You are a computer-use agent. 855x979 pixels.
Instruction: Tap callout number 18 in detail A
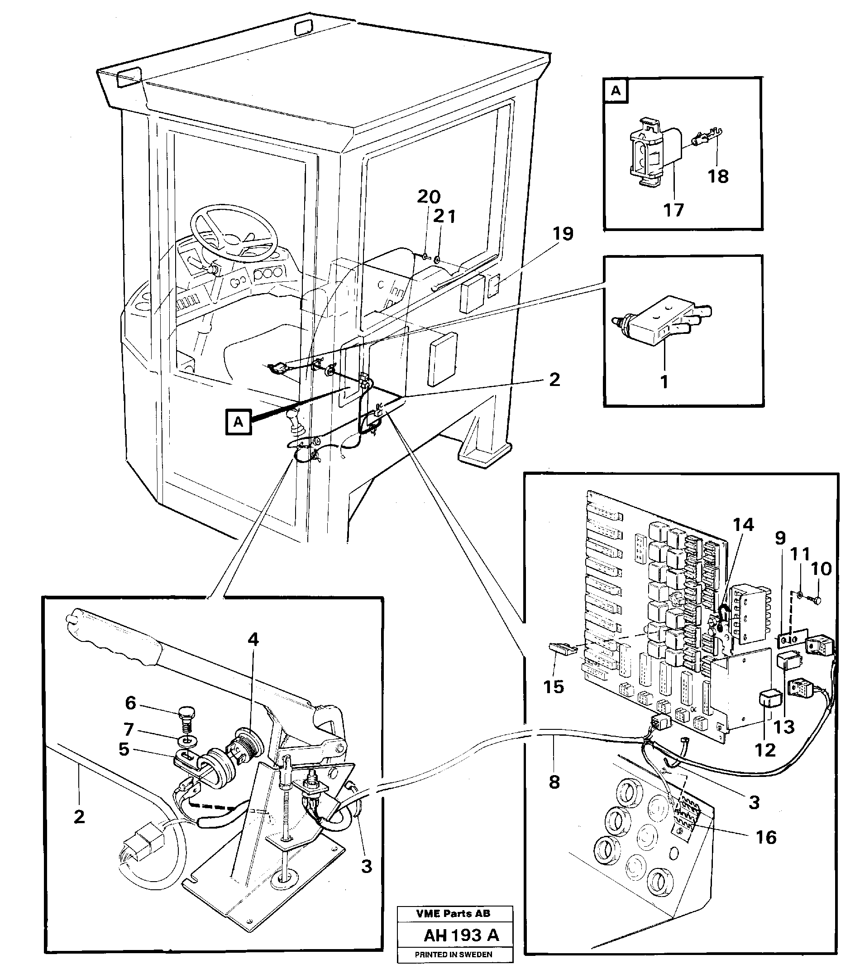click(718, 177)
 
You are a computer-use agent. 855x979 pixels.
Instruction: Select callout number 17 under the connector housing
click(673, 210)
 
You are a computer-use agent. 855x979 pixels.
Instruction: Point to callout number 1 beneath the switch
click(664, 382)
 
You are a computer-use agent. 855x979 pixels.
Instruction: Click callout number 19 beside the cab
click(563, 234)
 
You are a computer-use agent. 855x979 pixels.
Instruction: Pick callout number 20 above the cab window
click(429, 196)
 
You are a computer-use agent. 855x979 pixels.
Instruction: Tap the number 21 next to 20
click(444, 217)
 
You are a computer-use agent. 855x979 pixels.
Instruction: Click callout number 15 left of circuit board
click(554, 687)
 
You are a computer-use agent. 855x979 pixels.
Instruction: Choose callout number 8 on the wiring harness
click(554, 782)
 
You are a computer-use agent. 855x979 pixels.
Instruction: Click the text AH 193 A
click(461, 935)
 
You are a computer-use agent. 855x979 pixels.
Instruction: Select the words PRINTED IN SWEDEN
click(453, 955)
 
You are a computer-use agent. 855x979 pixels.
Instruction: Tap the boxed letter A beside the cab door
click(238, 422)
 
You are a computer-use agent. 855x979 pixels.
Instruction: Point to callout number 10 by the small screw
click(821, 569)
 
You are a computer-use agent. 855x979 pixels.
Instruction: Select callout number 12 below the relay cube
click(765, 750)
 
